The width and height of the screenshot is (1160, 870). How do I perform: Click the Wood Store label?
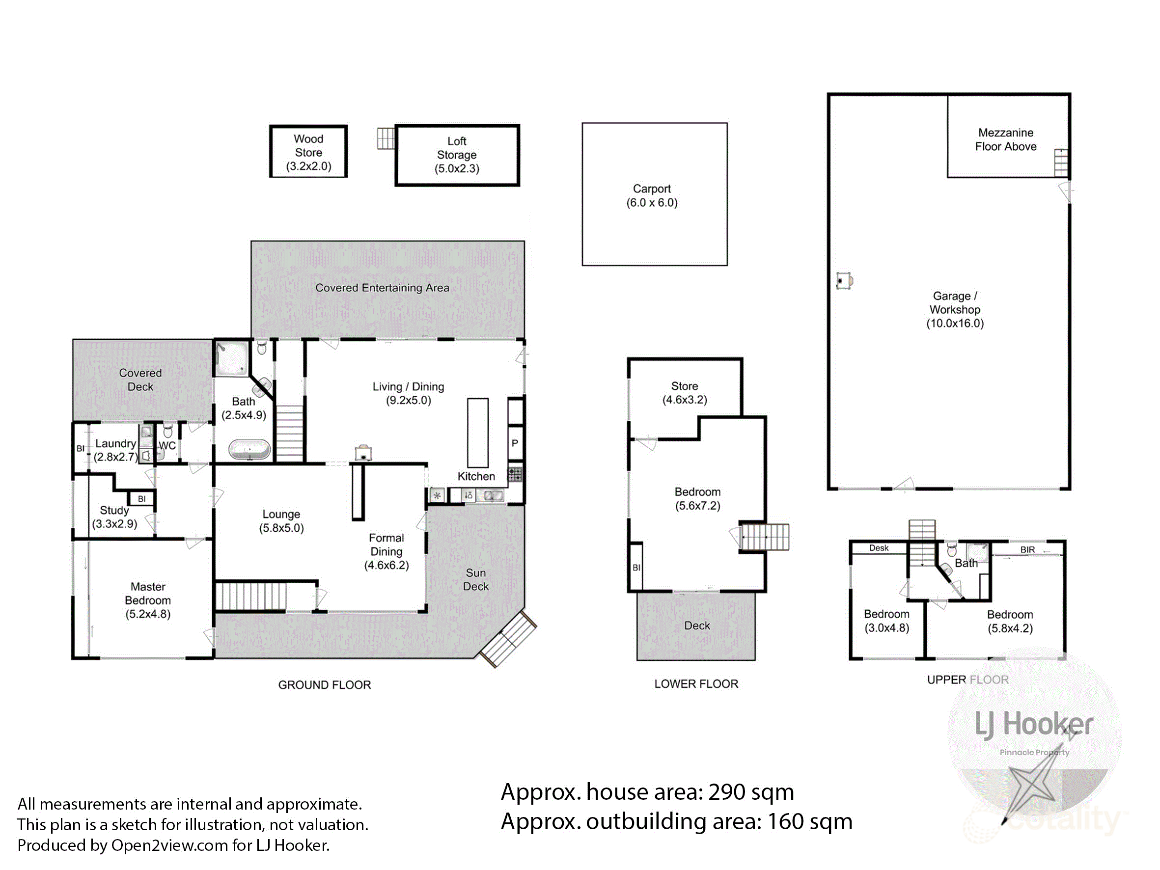tap(308, 146)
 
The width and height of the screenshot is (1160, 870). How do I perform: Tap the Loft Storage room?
tap(457, 155)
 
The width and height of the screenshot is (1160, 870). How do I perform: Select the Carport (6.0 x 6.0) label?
tap(652, 195)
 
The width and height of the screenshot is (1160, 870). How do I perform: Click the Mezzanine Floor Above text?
tap(1005, 139)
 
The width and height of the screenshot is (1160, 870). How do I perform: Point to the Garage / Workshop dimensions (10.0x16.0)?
tap(954, 324)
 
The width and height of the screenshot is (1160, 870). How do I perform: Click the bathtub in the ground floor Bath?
tap(249, 450)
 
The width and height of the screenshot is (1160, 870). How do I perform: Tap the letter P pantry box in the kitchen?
tap(515, 443)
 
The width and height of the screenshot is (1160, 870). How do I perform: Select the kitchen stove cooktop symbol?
tap(515, 474)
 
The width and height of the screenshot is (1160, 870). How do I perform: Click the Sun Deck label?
tap(476, 579)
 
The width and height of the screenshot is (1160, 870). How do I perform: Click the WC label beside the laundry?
tap(167, 446)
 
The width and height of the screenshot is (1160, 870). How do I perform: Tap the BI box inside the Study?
tap(141, 499)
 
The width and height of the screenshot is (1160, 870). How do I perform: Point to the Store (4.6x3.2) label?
tap(684, 393)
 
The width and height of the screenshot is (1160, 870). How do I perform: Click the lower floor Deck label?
tap(697, 625)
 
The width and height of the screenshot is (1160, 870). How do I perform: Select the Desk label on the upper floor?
tap(879, 548)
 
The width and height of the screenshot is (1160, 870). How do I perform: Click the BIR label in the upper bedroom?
tap(1027, 549)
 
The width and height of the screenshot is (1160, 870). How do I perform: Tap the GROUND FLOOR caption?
tap(324, 685)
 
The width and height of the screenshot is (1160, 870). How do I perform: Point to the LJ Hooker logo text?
tap(1034, 725)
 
